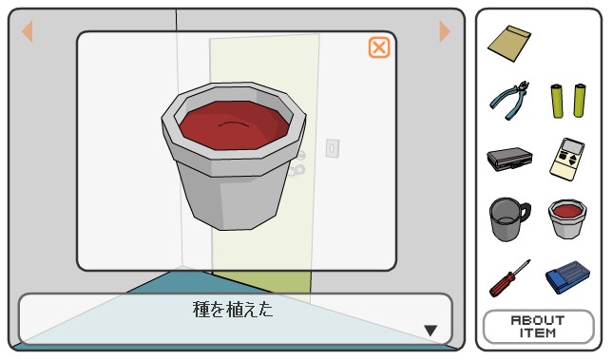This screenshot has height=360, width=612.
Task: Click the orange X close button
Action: click(378, 47)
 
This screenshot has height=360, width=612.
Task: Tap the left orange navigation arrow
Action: click(28, 31)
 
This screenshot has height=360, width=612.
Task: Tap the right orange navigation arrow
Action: click(445, 31)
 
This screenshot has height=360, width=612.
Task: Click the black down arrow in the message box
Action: click(430, 331)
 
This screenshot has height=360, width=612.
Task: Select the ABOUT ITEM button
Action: click(538, 327)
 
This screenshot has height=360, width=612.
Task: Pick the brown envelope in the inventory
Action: click(509, 43)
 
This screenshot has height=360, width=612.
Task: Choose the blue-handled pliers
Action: click(509, 100)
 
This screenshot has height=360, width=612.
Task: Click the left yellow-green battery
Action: click(557, 101)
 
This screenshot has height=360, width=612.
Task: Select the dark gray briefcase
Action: click(509, 160)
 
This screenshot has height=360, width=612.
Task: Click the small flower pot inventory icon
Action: click(567, 218)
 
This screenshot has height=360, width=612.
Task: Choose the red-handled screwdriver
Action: click(509, 278)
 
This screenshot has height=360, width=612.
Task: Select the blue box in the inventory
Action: click(567, 277)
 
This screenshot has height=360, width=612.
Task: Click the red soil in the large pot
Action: click(234, 124)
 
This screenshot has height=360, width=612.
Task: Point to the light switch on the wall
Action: click(333, 148)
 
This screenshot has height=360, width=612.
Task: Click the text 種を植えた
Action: click(233, 310)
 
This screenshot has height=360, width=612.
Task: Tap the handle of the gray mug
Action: click(525, 213)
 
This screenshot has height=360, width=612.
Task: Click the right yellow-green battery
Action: click(580, 101)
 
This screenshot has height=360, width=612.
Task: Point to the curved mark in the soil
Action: click(233, 123)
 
